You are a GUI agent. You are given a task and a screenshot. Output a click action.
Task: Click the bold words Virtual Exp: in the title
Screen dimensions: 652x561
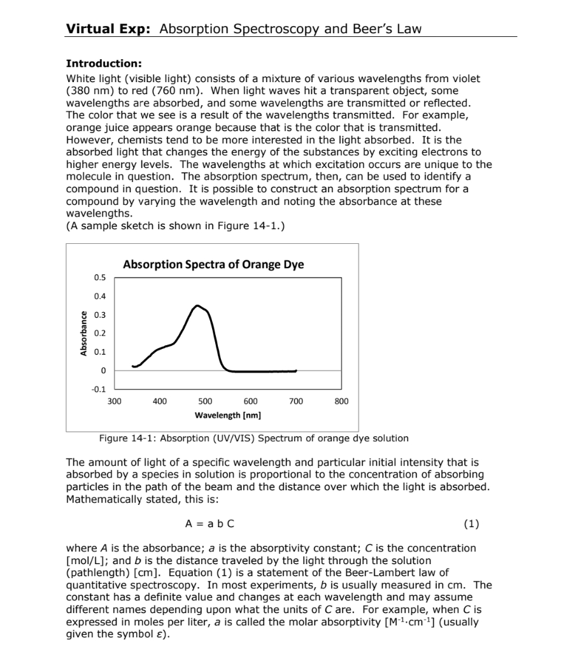(x=108, y=29)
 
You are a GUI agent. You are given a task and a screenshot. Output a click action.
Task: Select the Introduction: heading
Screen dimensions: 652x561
(x=104, y=64)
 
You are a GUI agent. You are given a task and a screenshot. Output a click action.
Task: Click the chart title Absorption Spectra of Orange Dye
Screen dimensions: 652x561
(x=213, y=264)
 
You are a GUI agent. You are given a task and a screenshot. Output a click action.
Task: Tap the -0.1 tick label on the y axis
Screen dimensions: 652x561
(x=99, y=389)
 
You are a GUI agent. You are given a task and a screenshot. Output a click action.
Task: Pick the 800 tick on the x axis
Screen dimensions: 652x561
(x=341, y=401)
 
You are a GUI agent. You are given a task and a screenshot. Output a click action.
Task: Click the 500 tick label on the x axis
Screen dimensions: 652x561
(x=205, y=401)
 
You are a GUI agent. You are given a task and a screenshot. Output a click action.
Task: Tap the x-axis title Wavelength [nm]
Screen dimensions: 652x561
(x=227, y=415)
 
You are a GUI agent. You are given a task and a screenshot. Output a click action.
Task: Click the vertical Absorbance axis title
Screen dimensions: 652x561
(x=83, y=333)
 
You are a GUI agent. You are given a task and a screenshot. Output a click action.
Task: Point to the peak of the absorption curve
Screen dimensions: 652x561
(x=198, y=306)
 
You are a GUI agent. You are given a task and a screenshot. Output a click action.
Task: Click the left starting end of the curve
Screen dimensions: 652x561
(x=132, y=366)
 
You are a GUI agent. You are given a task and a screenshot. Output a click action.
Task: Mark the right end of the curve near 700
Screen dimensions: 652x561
(x=295, y=370)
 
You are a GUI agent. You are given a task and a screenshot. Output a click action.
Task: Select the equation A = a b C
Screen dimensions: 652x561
(x=209, y=524)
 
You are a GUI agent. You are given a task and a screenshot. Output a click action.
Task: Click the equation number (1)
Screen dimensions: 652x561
(x=471, y=524)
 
